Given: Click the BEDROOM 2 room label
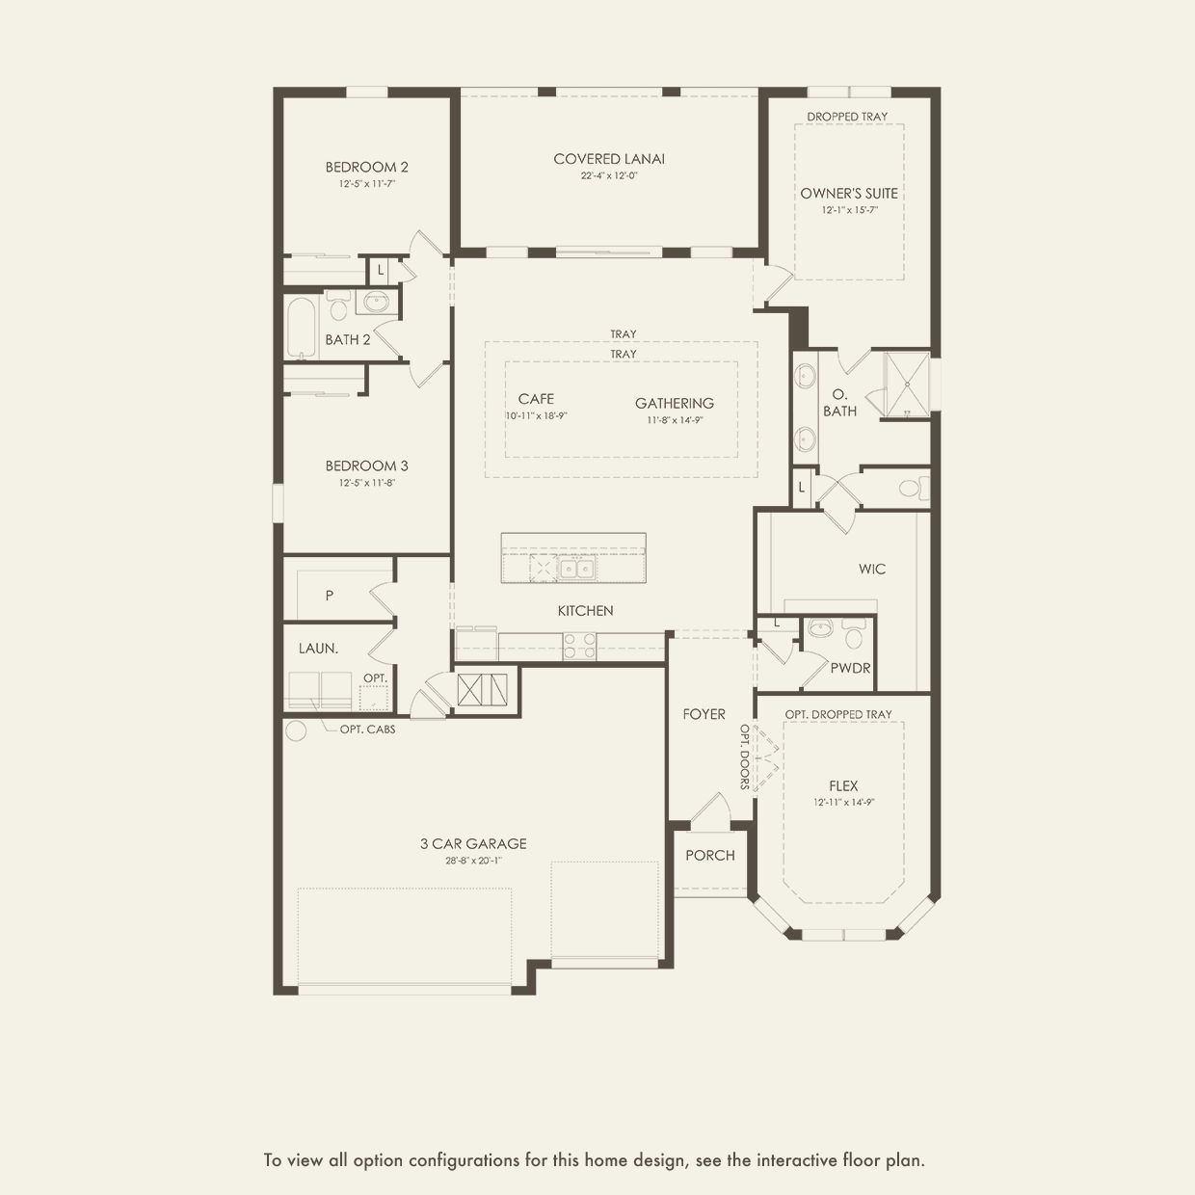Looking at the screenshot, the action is (x=366, y=167).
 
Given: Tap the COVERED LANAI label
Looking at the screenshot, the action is (x=609, y=159).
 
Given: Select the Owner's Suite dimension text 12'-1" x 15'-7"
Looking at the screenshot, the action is (x=850, y=210).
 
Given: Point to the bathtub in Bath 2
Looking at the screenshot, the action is (x=302, y=328).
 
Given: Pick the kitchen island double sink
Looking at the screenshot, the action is (x=576, y=568).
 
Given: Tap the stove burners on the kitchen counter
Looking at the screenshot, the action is (x=579, y=647).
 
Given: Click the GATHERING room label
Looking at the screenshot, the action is (x=674, y=403).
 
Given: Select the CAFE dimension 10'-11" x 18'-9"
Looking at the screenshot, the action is (x=537, y=415).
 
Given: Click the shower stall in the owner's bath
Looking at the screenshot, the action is (x=907, y=385).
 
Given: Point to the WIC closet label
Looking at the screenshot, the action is (x=872, y=569).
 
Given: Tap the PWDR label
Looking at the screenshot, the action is (x=850, y=668).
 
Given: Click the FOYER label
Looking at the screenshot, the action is (x=704, y=714).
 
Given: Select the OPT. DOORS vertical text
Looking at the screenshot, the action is (x=745, y=757).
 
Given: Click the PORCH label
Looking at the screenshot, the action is (x=710, y=855).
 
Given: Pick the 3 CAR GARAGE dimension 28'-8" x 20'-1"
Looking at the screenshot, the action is (x=473, y=861).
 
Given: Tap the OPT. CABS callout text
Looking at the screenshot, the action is (x=367, y=730).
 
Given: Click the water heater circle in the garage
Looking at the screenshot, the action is (x=296, y=730).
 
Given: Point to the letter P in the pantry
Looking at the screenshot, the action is (x=330, y=596).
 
